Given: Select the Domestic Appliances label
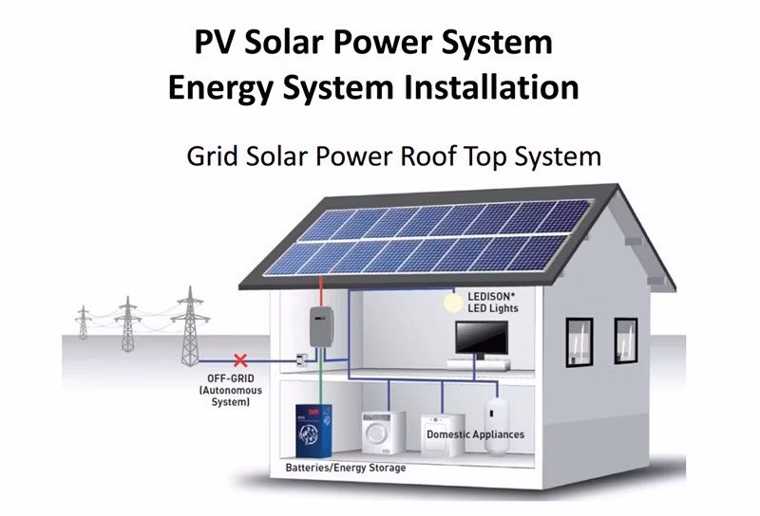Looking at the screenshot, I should pos(474,434).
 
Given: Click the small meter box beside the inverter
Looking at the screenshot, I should pos(300,360).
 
